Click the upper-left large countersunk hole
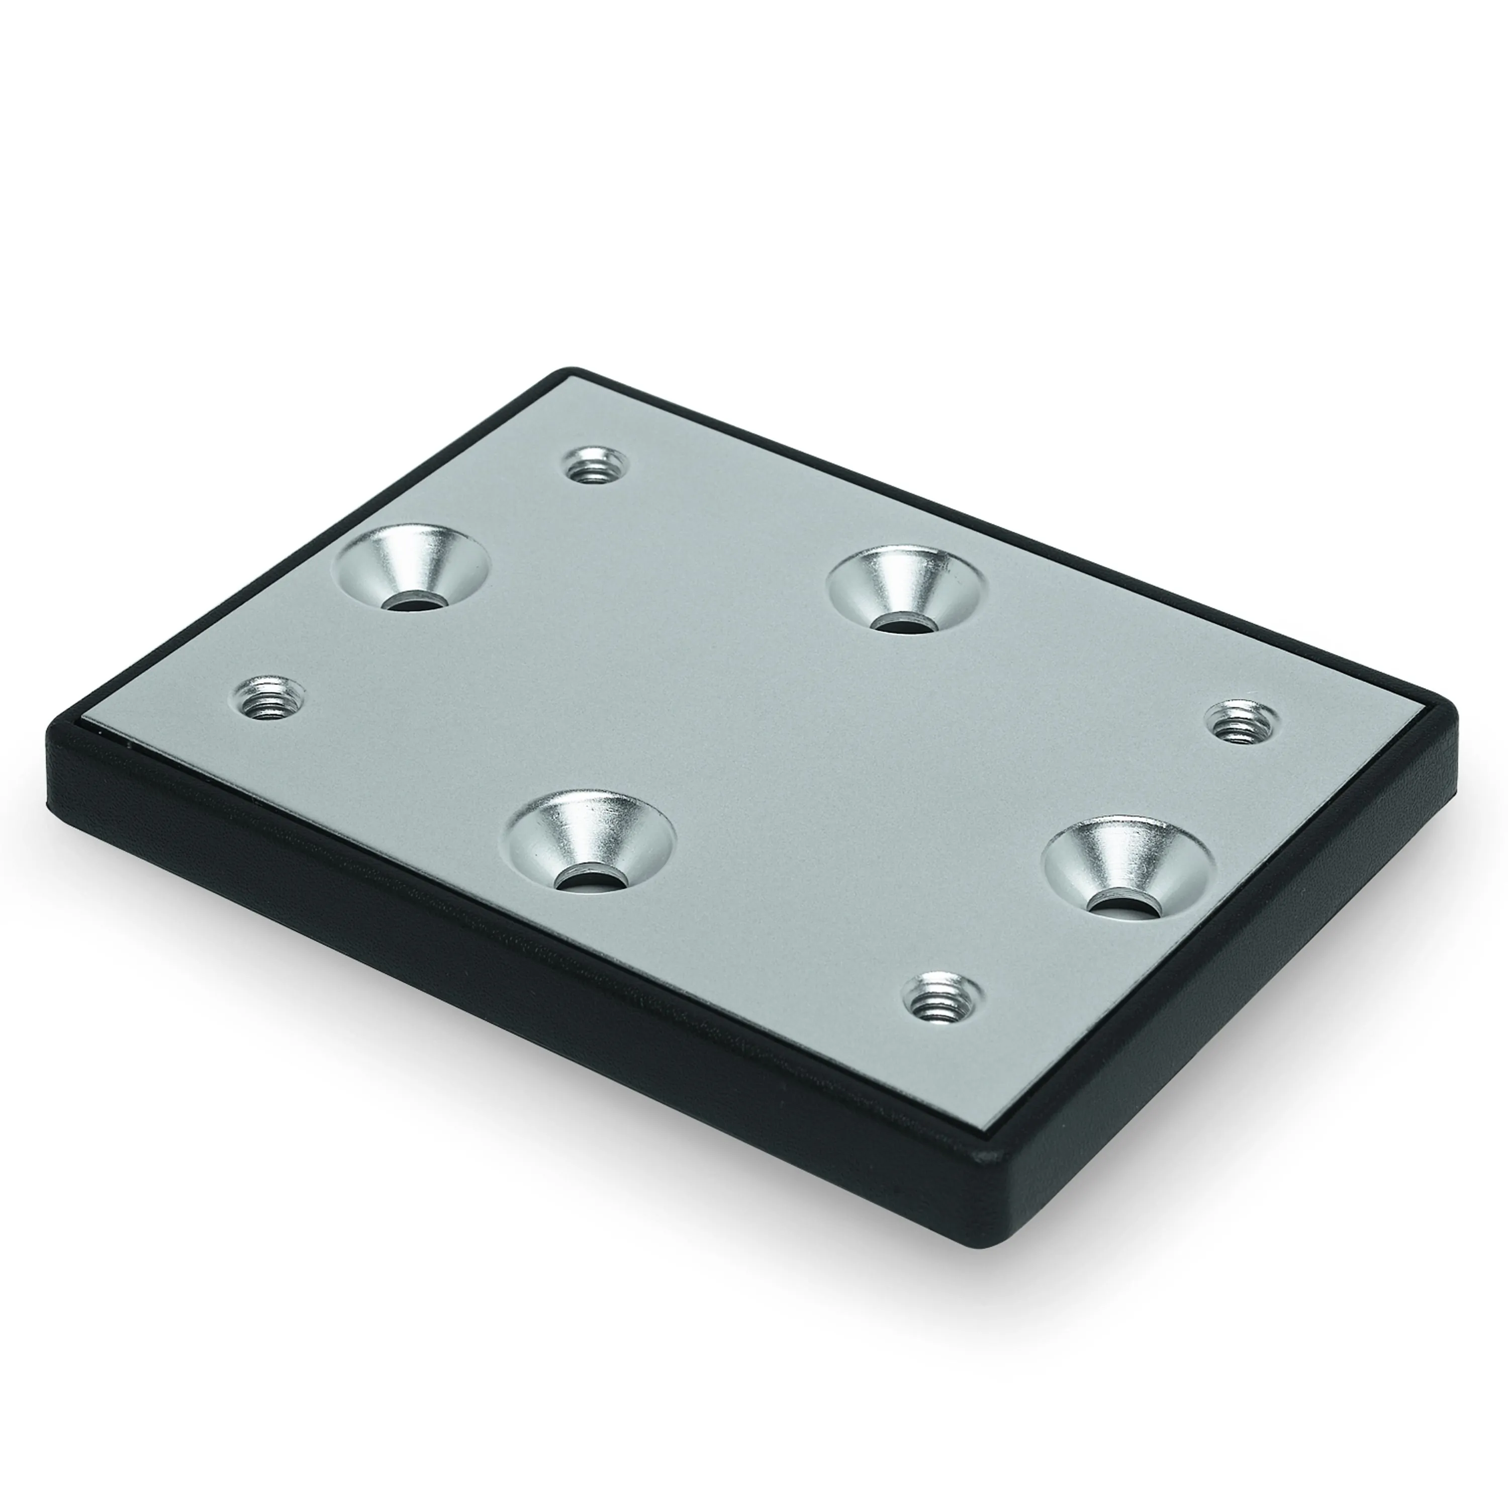coord(414,567)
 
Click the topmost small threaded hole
coord(596,467)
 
